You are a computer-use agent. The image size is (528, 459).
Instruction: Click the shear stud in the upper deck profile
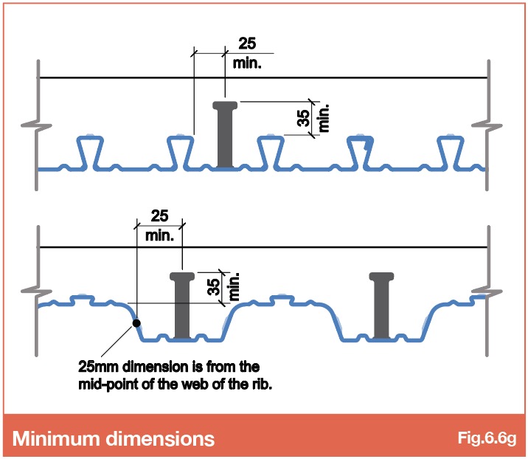[225, 134]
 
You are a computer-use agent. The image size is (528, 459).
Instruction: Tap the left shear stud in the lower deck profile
[182, 305]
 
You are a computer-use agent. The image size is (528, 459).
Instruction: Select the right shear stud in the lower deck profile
[381, 305]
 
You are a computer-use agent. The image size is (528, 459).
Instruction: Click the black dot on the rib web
[136, 323]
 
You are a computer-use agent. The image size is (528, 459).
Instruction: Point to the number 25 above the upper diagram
[247, 44]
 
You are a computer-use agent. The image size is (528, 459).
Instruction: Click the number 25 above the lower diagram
[159, 215]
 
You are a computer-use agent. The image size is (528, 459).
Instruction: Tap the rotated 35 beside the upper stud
[304, 118]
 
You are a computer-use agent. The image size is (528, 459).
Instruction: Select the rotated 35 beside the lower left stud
[214, 287]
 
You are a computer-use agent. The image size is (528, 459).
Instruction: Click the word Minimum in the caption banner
[56, 438]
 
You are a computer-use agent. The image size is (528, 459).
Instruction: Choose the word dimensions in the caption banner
[160, 438]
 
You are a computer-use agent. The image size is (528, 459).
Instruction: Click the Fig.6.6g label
[487, 438]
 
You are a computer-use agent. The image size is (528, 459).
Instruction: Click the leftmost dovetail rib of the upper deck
[90, 152]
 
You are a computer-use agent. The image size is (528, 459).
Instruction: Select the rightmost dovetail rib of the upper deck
[451, 152]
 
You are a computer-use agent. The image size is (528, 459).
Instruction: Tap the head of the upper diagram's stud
[225, 105]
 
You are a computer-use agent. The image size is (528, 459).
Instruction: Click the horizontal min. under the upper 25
[247, 63]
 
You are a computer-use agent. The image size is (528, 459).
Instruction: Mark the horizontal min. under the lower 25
[159, 236]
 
